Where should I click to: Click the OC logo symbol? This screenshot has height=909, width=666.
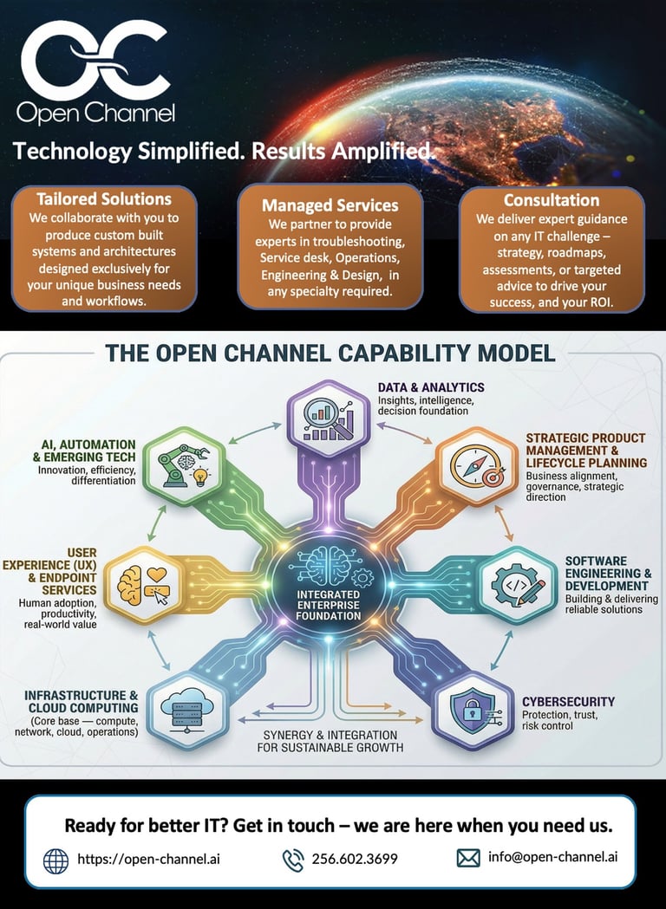[x=95, y=58]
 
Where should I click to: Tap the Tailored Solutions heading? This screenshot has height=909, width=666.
[x=104, y=198]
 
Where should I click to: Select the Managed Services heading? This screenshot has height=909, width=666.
[x=330, y=205]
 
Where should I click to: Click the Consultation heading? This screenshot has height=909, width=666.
[x=552, y=200]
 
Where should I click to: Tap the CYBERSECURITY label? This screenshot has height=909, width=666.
[x=568, y=702]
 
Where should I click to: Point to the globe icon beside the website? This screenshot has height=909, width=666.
[x=55, y=860]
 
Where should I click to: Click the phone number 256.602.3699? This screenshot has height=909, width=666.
[x=355, y=860]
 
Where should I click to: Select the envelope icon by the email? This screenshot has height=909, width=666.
[x=468, y=858]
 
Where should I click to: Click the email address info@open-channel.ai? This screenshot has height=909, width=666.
[x=552, y=858]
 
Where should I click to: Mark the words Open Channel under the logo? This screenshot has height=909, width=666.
[x=95, y=114]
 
